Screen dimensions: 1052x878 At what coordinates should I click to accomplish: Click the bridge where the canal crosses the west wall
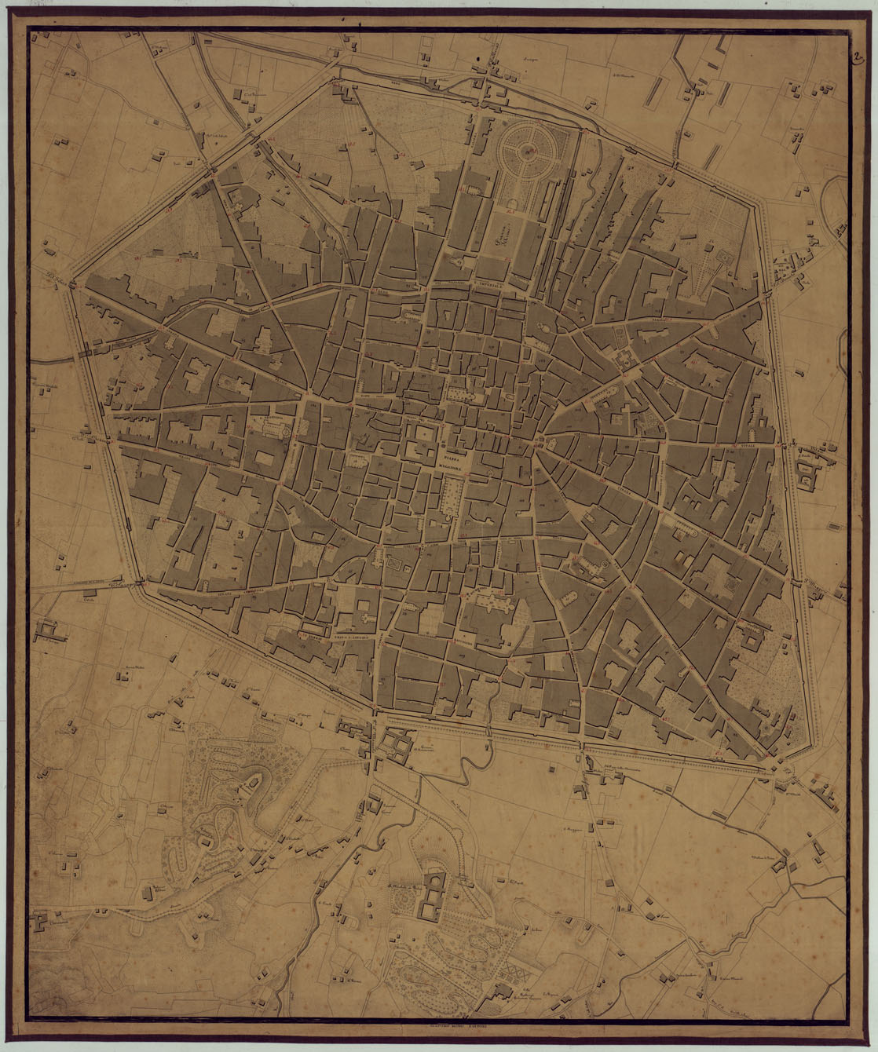pyautogui.click(x=81, y=352)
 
